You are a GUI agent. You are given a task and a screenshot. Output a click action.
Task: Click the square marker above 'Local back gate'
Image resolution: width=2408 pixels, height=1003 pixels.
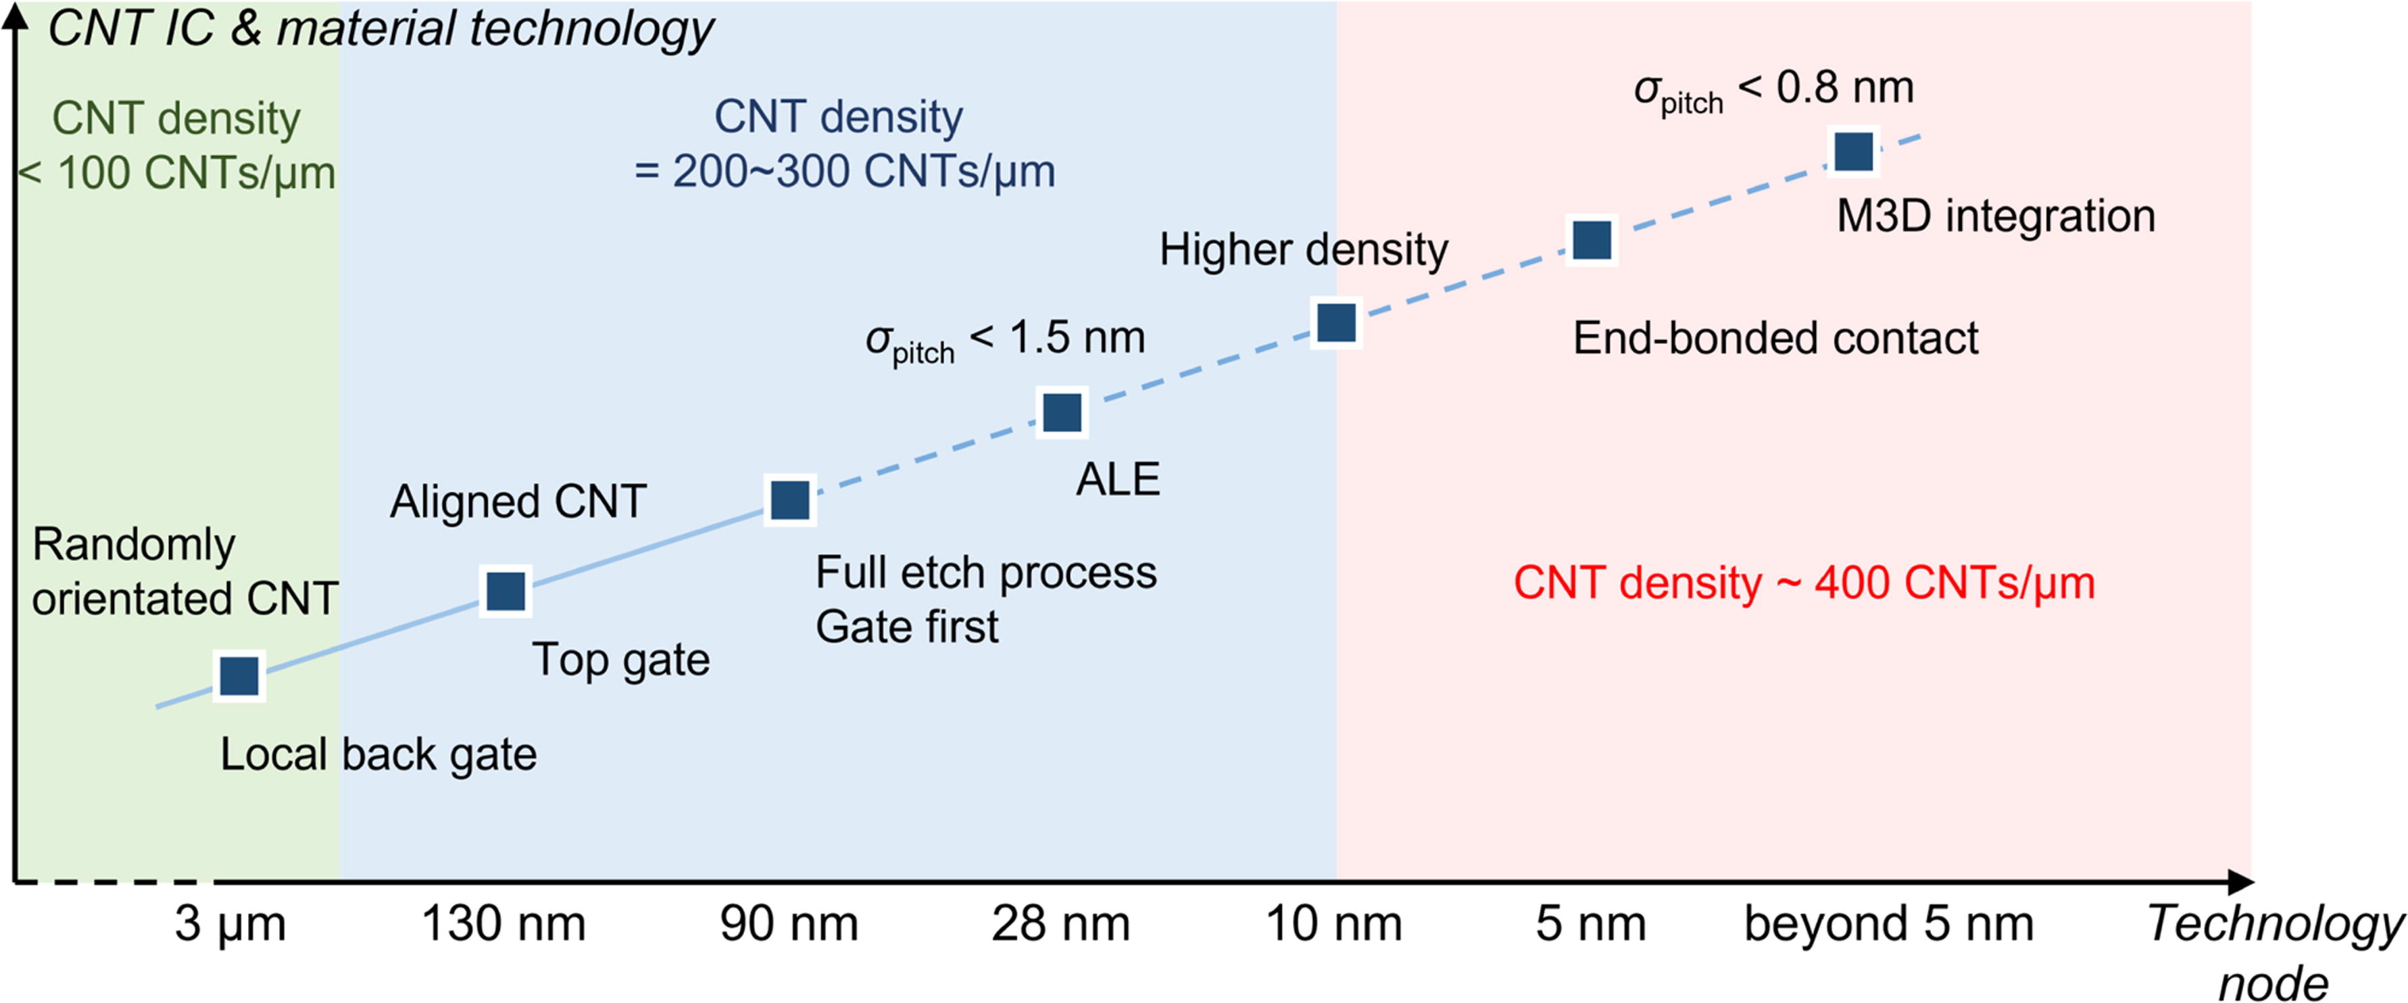point(239,675)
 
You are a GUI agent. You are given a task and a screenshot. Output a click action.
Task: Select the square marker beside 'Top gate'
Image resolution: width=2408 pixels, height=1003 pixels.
point(506,591)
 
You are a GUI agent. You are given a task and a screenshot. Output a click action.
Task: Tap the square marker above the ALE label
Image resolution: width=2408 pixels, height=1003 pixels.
point(1062,412)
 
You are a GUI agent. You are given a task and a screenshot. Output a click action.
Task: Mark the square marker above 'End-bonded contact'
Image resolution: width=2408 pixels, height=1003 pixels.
point(1593,240)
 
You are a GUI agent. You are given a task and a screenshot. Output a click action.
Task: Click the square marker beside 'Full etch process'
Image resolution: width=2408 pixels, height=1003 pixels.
point(790,500)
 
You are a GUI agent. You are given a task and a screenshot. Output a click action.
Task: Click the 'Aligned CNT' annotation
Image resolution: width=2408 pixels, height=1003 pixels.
point(518,502)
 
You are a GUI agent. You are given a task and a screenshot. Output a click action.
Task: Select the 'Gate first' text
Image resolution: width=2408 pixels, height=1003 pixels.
point(907,627)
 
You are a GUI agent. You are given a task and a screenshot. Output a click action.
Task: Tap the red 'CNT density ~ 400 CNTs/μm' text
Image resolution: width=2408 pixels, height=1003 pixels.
point(1804,583)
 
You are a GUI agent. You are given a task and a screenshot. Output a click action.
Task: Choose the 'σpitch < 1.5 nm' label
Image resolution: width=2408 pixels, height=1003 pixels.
point(1005,340)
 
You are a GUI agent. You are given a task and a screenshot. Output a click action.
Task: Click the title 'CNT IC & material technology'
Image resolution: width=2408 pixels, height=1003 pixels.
point(380,28)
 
